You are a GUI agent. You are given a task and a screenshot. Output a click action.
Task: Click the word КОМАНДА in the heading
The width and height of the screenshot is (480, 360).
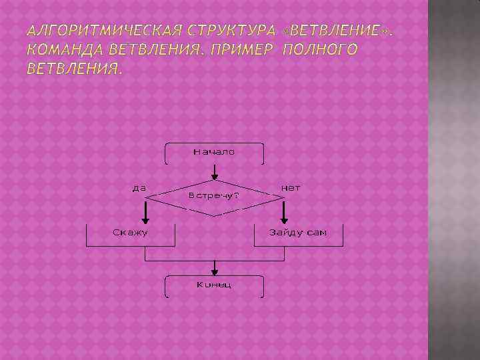[63, 50]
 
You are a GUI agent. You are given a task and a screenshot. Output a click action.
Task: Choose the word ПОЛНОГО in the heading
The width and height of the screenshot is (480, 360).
[321, 50]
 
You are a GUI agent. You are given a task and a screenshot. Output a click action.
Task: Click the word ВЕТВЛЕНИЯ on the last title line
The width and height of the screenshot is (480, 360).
[75, 69]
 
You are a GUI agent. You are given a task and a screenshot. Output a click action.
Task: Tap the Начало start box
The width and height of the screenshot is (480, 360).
[214, 153]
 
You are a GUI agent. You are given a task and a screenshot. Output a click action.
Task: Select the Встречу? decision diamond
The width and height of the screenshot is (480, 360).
[214, 196]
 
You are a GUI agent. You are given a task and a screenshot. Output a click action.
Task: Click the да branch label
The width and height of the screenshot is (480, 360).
[139, 187]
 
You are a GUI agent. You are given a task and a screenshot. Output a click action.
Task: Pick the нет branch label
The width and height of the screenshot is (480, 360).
[291, 187]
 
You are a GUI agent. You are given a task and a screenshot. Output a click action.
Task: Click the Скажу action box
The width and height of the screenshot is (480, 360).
[131, 234]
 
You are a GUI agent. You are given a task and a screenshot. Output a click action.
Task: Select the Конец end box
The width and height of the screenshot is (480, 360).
[214, 286]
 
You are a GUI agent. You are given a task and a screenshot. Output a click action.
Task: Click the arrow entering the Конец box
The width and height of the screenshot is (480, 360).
[214, 268]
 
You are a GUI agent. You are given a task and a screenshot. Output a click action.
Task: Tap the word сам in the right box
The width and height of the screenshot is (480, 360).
[317, 233]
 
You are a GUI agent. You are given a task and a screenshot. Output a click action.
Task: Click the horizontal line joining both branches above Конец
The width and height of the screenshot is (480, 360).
[214, 260]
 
